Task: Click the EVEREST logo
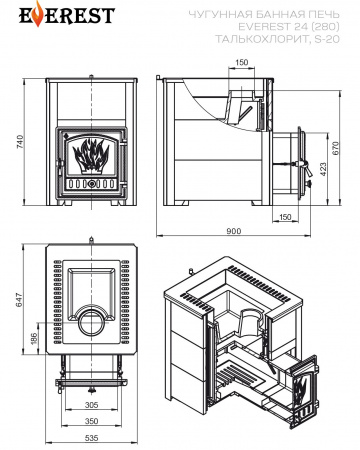(x=67, y=14)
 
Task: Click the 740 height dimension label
(x=20, y=141)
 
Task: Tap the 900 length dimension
(x=233, y=231)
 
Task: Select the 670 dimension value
(x=335, y=148)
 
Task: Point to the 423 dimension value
(x=323, y=169)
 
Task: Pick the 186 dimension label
(x=34, y=339)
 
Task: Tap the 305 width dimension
(x=91, y=405)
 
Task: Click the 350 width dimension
(x=91, y=421)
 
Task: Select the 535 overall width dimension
(x=91, y=438)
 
